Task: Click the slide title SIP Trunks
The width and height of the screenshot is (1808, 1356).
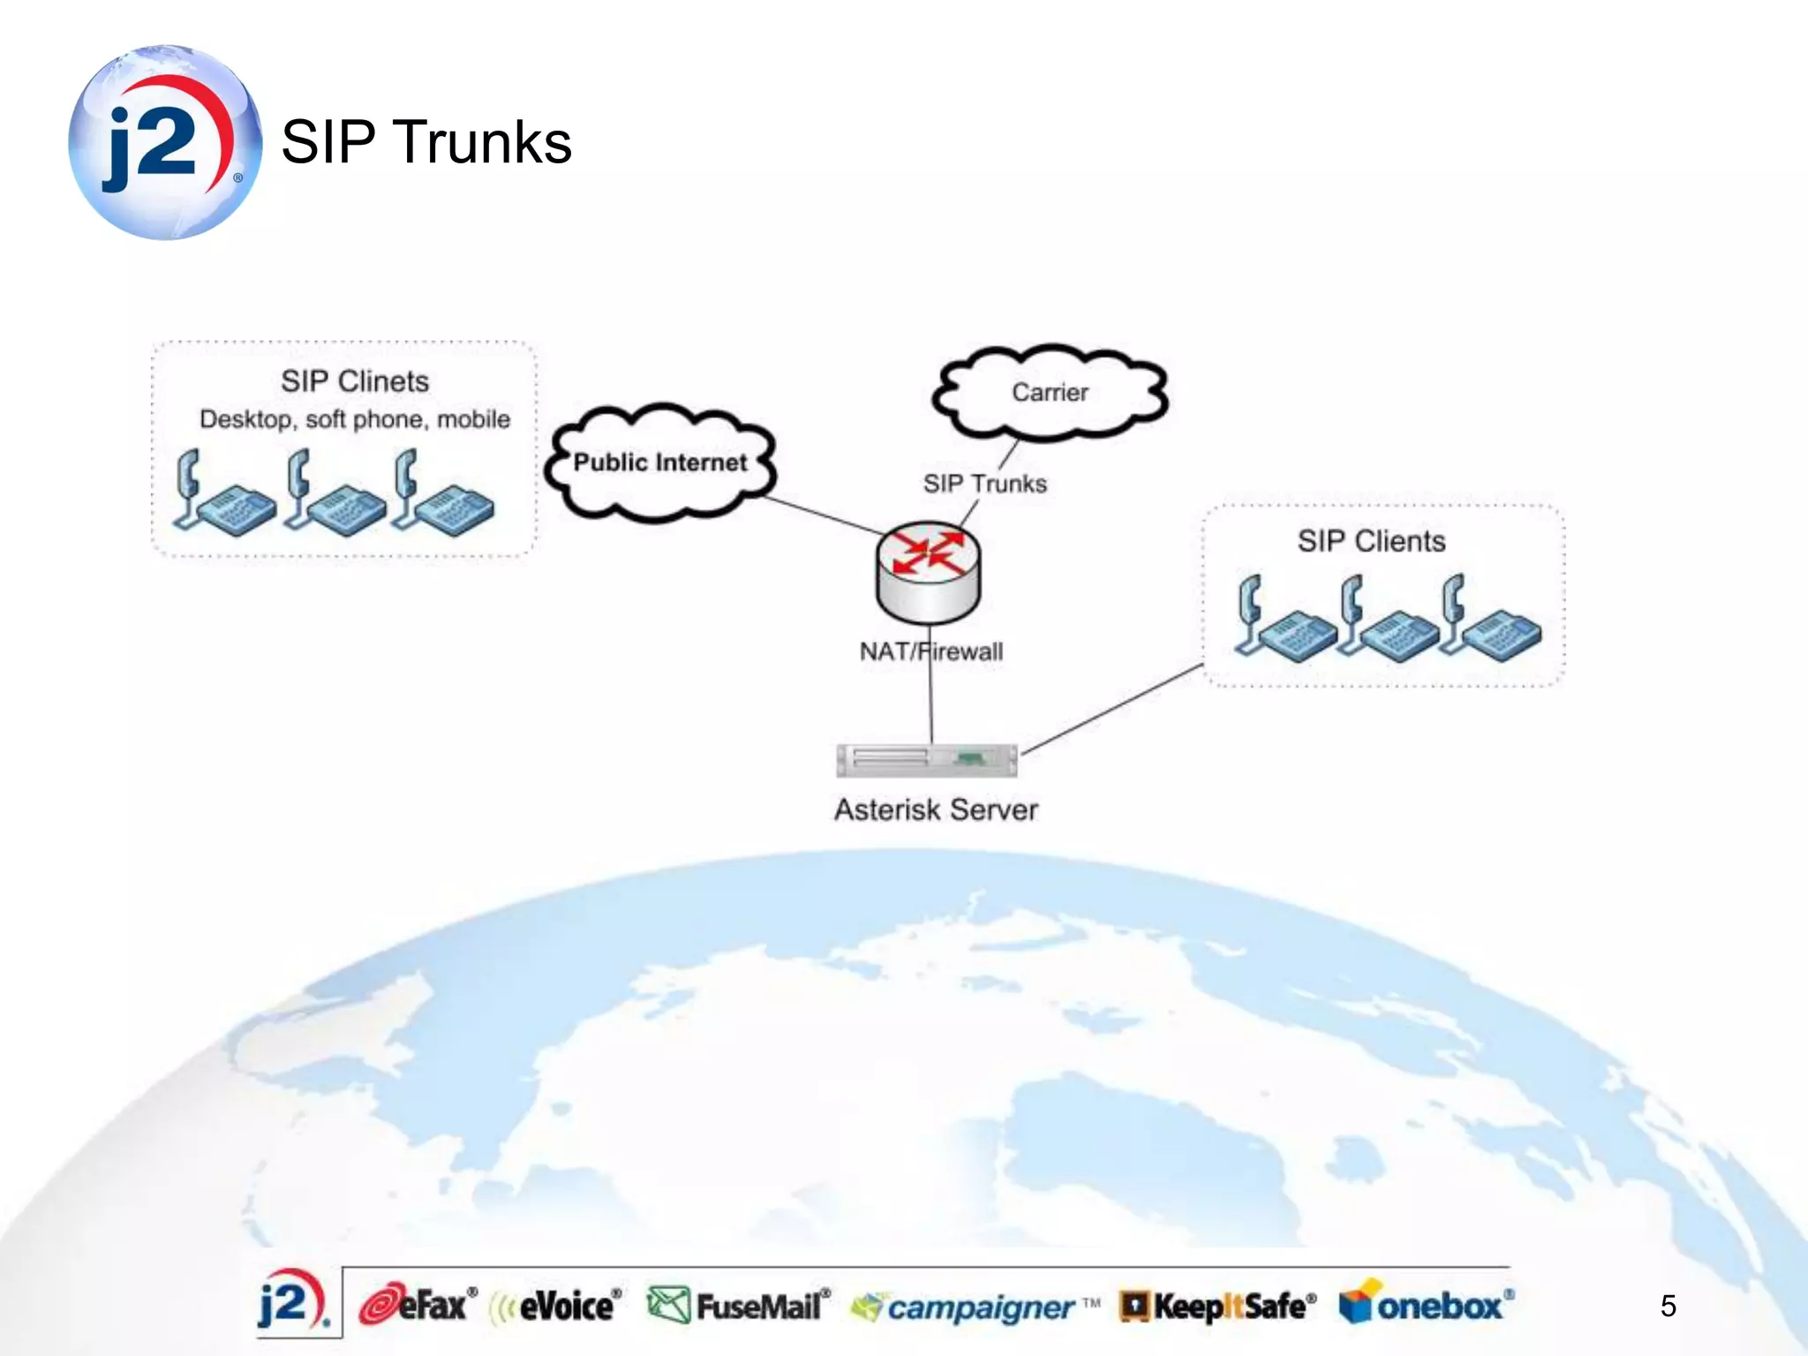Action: click(426, 142)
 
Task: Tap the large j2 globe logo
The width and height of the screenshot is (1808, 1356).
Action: click(165, 142)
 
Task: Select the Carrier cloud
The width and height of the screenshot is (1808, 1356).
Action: click(1050, 392)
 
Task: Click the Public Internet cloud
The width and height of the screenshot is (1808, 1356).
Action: click(659, 462)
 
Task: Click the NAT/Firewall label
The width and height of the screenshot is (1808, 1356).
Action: click(931, 652)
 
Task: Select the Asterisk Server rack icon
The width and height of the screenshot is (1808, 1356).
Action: click(926, 760)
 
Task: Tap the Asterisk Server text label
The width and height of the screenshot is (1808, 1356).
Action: click(936, 810)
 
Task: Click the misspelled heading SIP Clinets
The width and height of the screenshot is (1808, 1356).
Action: click(355, 381)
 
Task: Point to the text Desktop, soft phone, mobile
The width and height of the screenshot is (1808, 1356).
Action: click(355, 419)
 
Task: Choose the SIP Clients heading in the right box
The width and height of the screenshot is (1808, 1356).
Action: click(1371, 541)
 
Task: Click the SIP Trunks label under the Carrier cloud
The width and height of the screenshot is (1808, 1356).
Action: click(984, 484)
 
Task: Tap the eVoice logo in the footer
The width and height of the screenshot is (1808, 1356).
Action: click(557, 1306)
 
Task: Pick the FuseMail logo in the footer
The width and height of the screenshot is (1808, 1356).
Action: click(739, 1306)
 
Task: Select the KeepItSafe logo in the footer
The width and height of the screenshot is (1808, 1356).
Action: click(1218, 1306)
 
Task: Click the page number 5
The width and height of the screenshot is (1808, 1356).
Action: click(1668, 1306)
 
